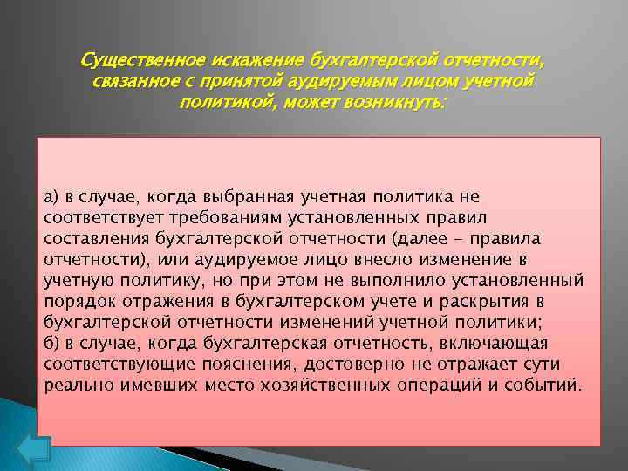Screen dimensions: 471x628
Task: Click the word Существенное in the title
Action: pos(140,61)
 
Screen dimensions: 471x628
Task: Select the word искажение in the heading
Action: pos(256,61)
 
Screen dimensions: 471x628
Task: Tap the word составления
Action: pos(96,238)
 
